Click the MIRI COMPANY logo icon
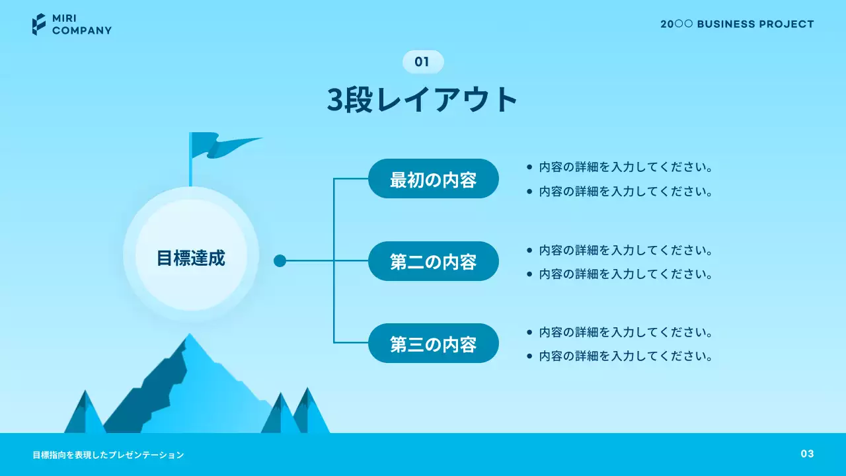[x=39, y=24]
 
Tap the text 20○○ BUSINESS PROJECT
[x=737, y=24]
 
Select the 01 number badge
[x=422, y=62]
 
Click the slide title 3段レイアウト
[x=422, y=100]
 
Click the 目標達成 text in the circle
[x=191, y=258]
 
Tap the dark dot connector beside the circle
[x=280, y=260]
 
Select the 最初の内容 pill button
[x=433, y=179]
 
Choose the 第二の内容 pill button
[x=433, y=261]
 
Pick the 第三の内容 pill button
[x=433, y=344]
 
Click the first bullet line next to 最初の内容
[x=625, y=167]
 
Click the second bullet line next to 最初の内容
[x=625, y=192]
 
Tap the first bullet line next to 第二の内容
[x=625, y=251]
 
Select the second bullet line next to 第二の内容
[x=625, y=274]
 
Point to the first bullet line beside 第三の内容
[x=625, y=333]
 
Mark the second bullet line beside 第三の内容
[x=625, y=356]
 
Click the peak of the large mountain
[x=190, y=338]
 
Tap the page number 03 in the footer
[x=807, y=454]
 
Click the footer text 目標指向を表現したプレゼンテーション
[x=108, y=455]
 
